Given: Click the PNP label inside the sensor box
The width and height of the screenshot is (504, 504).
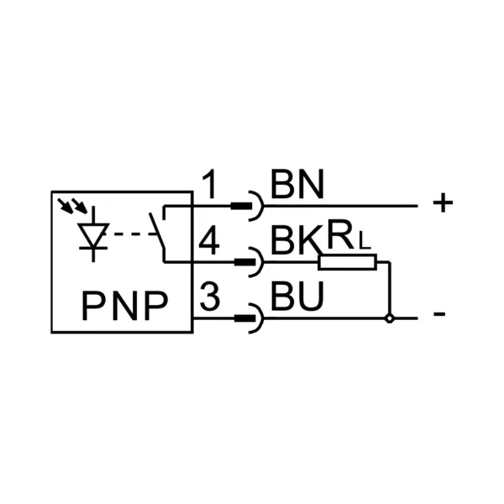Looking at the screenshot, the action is click(125, 306).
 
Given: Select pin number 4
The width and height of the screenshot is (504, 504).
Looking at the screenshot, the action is click(209, 240).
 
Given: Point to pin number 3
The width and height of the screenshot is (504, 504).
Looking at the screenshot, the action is click(210, 296).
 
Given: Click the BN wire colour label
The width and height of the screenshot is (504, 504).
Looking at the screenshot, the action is click(297, 184).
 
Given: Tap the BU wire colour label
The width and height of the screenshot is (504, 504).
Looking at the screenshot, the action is click(297, 296).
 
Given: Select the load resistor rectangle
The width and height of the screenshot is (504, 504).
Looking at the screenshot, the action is click(347, 262).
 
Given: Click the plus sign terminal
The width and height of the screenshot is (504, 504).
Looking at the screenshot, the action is click(443, 202).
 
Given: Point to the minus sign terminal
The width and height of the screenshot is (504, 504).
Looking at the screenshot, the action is click(439, 314).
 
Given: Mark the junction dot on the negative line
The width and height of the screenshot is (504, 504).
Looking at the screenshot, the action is click(390, 318).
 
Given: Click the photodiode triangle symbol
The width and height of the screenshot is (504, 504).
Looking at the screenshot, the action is click(93, 235).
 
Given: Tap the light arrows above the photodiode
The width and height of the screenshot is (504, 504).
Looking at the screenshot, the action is click(72, 206).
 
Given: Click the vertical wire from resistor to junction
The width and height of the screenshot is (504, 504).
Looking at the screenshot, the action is click(390, 288).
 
